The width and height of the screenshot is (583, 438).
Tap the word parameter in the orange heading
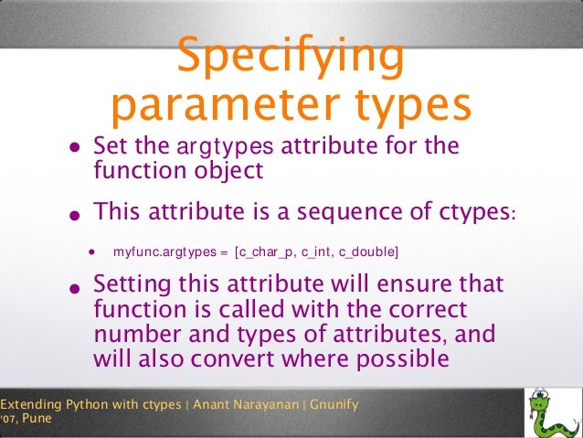213,105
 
